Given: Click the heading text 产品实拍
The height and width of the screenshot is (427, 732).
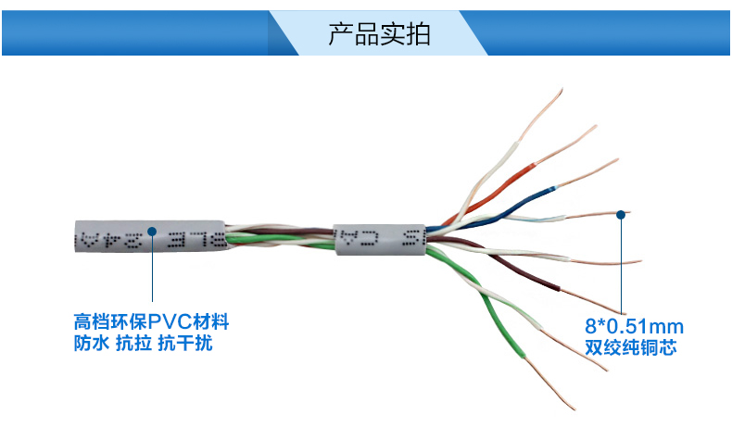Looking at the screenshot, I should pos(379,33).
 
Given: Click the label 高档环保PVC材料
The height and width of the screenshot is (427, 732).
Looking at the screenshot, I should pos(151,323).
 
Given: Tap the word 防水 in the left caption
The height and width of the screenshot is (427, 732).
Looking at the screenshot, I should pos(89,344).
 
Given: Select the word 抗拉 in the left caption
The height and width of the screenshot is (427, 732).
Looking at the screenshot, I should pos(133,344).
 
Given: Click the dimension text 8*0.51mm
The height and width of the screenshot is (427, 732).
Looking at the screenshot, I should pos(633,326).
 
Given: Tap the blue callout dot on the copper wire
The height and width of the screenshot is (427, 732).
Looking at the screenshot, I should pos(621,214).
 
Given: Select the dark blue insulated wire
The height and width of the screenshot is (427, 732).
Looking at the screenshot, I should pos(519,201).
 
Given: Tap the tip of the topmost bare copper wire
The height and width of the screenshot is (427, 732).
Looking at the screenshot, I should pos(562,91).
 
